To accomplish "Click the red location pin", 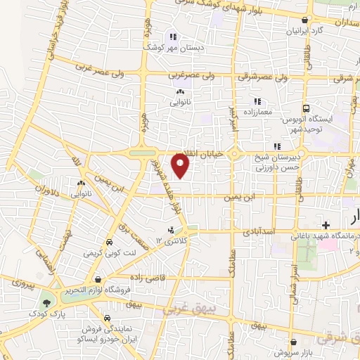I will (x=181, y=166).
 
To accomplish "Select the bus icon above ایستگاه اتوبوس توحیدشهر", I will (x=306, y=108).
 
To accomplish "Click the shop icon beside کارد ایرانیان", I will (x=304, y=21).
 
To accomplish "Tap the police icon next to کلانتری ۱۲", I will (x=170, y=230).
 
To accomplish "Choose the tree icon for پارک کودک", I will (x=46, y=302).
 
